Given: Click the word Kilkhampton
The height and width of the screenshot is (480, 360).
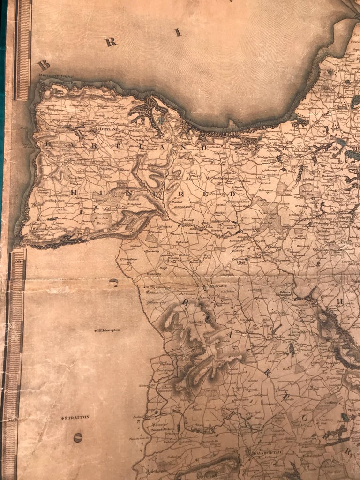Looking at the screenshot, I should click(108, 330).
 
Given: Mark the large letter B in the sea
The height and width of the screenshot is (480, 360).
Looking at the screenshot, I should click(44, 64).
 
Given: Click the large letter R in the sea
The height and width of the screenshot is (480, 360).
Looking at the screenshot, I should click(111, 42).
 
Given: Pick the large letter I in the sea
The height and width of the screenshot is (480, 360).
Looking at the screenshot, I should click(177, 32).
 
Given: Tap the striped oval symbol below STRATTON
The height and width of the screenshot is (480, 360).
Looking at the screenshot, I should click(78, 438).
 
